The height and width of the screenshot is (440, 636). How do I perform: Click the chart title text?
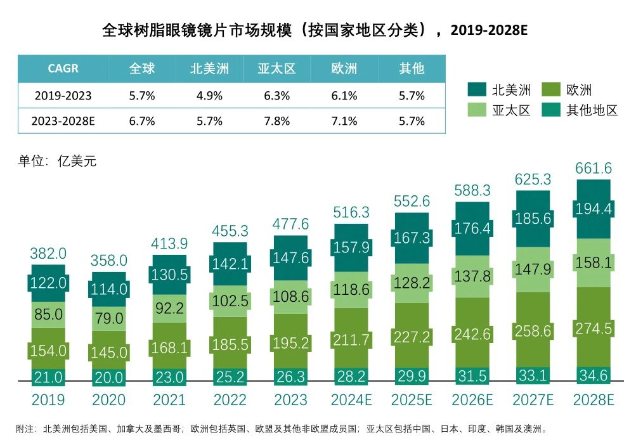click(315, 30)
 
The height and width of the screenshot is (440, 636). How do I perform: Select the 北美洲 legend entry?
click(501, 89)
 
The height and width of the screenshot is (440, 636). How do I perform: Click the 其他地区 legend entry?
click(581, 110)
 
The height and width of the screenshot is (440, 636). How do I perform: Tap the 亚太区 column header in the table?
click(276, 68)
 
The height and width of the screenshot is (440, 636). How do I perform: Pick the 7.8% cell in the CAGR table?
click(276, 121)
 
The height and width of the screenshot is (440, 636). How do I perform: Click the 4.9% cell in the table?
click(209, 96)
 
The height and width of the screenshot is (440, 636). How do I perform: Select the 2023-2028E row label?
click(63, 121)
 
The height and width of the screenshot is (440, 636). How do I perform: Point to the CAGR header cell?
click(63, 68)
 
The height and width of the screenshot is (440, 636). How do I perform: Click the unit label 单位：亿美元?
click(57, 161)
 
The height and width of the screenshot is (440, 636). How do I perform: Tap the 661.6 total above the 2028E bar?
click(594, 168)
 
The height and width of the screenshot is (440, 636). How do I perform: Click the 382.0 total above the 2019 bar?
click(48, 254)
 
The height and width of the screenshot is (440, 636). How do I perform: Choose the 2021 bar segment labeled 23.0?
click(169, 377)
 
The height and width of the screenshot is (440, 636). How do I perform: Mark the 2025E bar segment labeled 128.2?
click(412, 283)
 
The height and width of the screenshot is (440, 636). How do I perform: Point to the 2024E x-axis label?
click(351, 400)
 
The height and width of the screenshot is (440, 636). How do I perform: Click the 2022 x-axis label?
click(230, 400)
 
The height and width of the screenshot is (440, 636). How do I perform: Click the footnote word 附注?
click(26, 429)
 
